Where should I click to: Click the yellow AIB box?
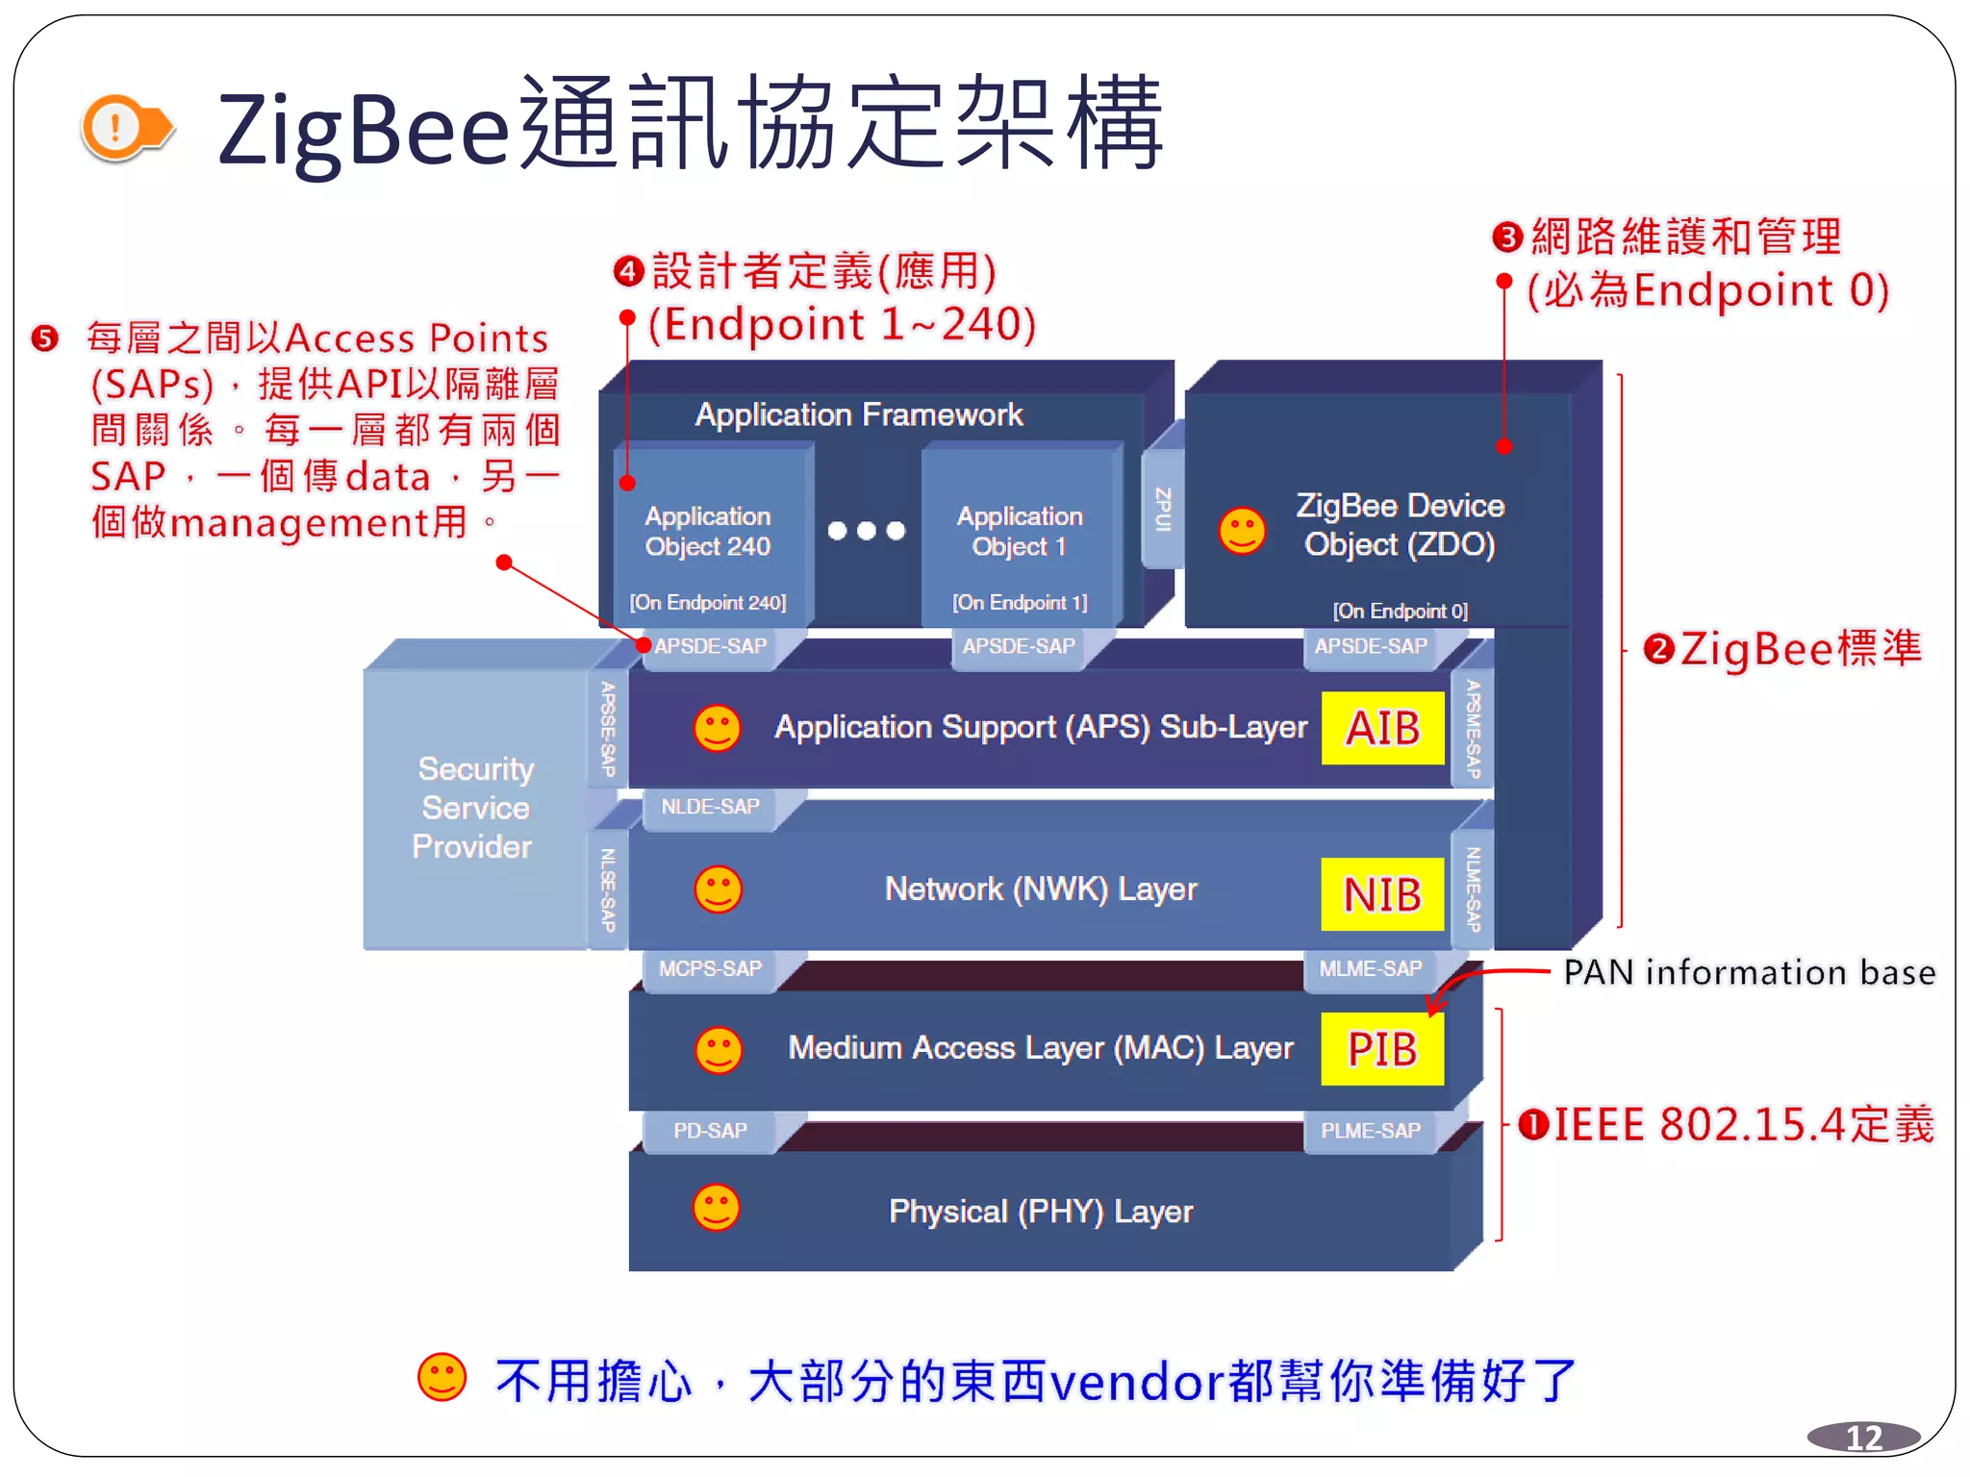pos(1382,728)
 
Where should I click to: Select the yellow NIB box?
pos(1382,894)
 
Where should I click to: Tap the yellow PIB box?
pos(1382,1049)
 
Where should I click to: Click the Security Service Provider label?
pos(473,808)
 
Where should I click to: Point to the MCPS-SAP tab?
pos(710,968)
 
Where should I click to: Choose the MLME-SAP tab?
pos(1370,968)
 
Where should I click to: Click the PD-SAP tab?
pos(710,1131)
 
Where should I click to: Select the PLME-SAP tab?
pos(1370,1131)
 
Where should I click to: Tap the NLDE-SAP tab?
pos(710,807)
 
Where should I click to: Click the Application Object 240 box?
pos(708,534)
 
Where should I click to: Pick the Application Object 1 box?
pos(1020,534)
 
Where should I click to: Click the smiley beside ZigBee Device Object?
pos(1242,530)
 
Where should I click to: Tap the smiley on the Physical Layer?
pos(717,1208)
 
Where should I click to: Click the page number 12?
pos(1863,1438)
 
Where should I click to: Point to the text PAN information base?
pos(1749,972)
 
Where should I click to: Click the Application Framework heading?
pos(858,414)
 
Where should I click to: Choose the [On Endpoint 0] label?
pos(1400,611)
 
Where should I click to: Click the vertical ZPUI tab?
pos(1162,510)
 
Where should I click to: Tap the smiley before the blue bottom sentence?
pos(442,1377)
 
